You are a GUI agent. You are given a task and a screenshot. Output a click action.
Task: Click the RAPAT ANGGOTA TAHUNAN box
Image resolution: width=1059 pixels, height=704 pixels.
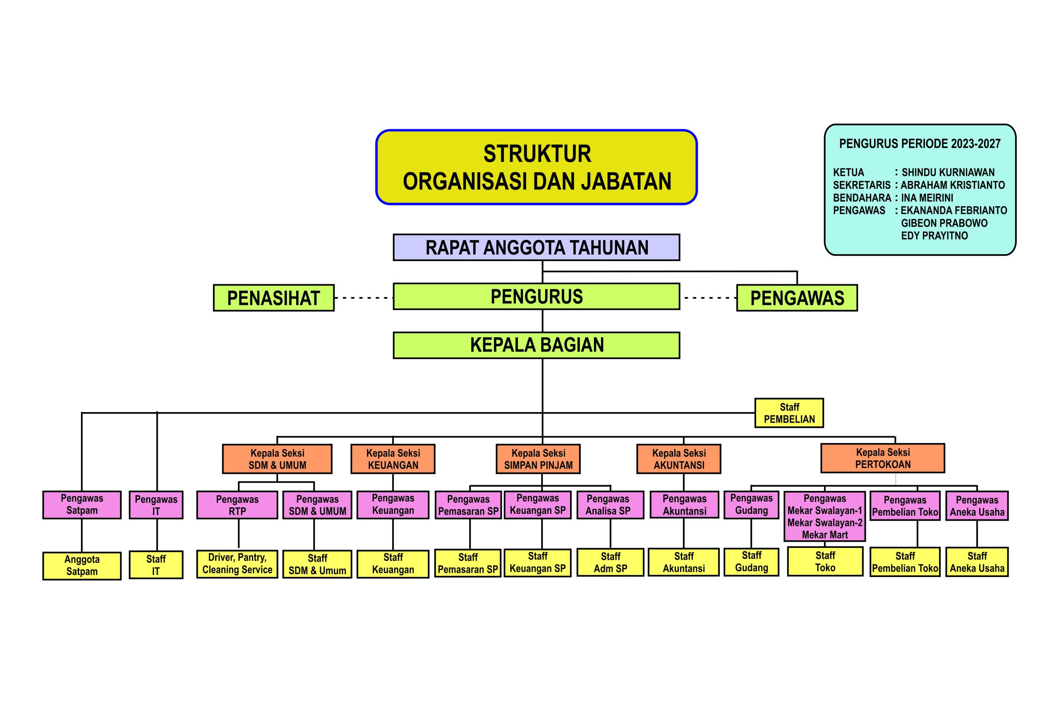tap(536, 247)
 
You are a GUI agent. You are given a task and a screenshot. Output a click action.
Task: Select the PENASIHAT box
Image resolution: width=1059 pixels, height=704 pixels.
tap(274, 298)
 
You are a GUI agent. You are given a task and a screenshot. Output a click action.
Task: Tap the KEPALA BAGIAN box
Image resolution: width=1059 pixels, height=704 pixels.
tap(536, 345)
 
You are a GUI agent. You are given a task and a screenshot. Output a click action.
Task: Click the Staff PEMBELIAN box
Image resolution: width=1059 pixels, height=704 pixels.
tap(789, 413)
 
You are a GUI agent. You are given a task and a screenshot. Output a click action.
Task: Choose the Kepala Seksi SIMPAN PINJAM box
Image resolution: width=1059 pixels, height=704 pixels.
tap(538, 459)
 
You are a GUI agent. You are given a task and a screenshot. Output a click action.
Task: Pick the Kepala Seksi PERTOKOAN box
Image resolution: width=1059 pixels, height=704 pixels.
tap(883, 458)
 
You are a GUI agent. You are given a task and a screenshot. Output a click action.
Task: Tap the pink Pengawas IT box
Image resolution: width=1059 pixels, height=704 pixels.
tap(156, 505)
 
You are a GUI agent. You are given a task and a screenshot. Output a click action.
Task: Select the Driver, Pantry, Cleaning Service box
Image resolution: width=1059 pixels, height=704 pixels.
tap(237, 564)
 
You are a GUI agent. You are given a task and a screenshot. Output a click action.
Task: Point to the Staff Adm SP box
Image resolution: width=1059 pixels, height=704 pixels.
tap(610, 562)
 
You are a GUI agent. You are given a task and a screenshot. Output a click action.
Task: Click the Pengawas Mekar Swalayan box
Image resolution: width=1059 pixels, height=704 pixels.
tap(825, 517)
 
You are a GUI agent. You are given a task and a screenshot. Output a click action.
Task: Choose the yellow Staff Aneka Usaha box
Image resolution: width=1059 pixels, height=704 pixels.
tap(977, 562)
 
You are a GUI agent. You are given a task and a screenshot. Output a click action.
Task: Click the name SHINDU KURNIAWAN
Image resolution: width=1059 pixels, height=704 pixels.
tap(948, 173)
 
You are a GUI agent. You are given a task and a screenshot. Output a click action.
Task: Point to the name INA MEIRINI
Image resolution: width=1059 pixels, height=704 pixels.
tap(927, 197)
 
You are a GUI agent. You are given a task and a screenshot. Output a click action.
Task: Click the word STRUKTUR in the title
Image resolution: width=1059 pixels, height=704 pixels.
tap(537, 154)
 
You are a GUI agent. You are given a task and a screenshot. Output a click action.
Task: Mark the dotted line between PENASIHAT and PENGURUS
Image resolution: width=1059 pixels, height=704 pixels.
tap(364, 298)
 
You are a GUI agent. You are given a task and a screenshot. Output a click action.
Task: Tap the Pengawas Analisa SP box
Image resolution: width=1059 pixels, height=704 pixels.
tap(608, 505)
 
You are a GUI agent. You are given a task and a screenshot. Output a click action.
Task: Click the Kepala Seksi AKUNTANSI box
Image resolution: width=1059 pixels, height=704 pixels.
tap(679, 459)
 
